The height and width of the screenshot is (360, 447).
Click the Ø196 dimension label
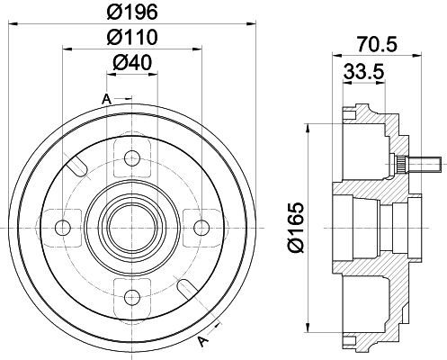(x=132, y=13)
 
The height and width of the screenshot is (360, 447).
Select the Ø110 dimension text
(x=132, y=37)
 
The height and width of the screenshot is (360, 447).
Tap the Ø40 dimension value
(x=132, y=63)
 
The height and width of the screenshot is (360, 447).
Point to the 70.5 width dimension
(x=377, y=44)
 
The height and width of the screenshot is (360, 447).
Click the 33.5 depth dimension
(x=363, y=72)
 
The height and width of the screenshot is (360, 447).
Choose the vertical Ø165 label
(x=296, y=228)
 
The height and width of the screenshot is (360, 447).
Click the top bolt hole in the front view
(x=132, y=159)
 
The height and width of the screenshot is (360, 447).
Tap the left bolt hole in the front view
(x=63, y=228)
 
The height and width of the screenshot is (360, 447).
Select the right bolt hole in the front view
(x=201, y=228)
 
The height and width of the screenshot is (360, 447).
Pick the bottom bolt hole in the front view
(x=132, y=297)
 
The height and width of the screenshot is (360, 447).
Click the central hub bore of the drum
(x=132, y=228)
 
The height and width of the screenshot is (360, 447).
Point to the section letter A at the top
(x=106, y=99)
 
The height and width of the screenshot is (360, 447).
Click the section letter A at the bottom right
(x=203, y=341)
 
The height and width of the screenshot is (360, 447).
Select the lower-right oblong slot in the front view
(x=187, y=288)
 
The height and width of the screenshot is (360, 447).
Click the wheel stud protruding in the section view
(x=417, y=165)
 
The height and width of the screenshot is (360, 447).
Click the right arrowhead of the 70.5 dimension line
(x=417, y=55)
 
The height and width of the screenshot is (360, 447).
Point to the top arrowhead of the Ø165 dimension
(x=308, y=128)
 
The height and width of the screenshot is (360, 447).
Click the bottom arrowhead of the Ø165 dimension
(x=308, y=328)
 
